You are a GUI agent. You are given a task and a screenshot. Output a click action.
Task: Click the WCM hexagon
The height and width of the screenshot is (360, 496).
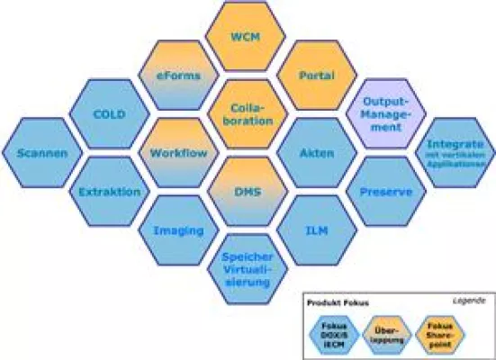[x=246, y=39]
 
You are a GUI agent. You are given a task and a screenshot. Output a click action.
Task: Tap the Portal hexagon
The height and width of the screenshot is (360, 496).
[x=311, y=76]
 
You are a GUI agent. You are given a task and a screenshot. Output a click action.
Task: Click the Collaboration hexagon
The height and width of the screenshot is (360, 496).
[x=246, y=114]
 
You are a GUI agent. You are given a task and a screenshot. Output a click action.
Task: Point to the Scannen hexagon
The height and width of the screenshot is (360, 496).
[x=41, y=153]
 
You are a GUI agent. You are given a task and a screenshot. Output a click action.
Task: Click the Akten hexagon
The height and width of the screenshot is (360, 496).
[x=311, y=153]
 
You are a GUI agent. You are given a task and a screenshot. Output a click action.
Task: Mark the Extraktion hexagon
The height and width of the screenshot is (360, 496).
[x=110, y=192]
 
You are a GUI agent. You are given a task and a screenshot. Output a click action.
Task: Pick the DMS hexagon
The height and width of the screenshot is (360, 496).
[x=246, y=192]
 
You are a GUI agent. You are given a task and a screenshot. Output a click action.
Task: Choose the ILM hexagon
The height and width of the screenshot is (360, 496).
[x=311, y=230]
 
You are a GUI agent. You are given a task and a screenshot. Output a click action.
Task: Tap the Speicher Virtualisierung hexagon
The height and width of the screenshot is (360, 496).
[x=246, y=268]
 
